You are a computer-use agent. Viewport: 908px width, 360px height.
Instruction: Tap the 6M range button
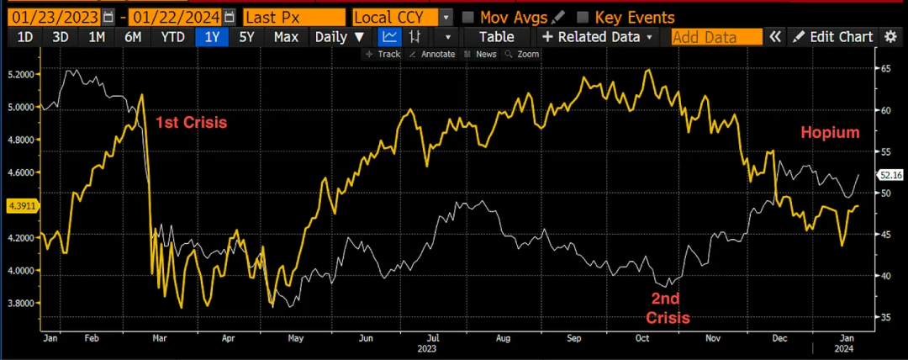click(133, 37)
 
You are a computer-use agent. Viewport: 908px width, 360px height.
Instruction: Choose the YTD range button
click(173, 37)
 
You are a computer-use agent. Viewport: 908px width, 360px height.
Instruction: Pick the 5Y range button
click(246, 37)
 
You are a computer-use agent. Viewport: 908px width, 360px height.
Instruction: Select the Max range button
click(286, 37)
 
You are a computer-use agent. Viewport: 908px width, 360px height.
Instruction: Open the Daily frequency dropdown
click(340, 37)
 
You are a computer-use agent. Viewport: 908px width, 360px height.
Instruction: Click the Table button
click(496, 37)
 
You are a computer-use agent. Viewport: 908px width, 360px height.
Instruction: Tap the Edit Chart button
click(832, 37)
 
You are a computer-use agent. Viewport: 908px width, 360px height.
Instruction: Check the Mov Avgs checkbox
click(469, 17)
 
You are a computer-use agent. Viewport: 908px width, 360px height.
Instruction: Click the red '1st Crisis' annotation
click(192, 122)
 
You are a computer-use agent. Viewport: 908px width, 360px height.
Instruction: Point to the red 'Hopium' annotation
click(830, 133)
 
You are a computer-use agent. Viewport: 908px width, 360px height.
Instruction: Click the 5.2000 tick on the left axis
click(21, 75)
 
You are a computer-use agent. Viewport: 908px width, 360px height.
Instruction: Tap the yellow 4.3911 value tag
click(20, 205)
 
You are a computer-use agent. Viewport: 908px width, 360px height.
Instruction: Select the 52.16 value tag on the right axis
click(890, 175)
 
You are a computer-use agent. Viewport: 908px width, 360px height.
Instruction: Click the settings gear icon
click(891, 37)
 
